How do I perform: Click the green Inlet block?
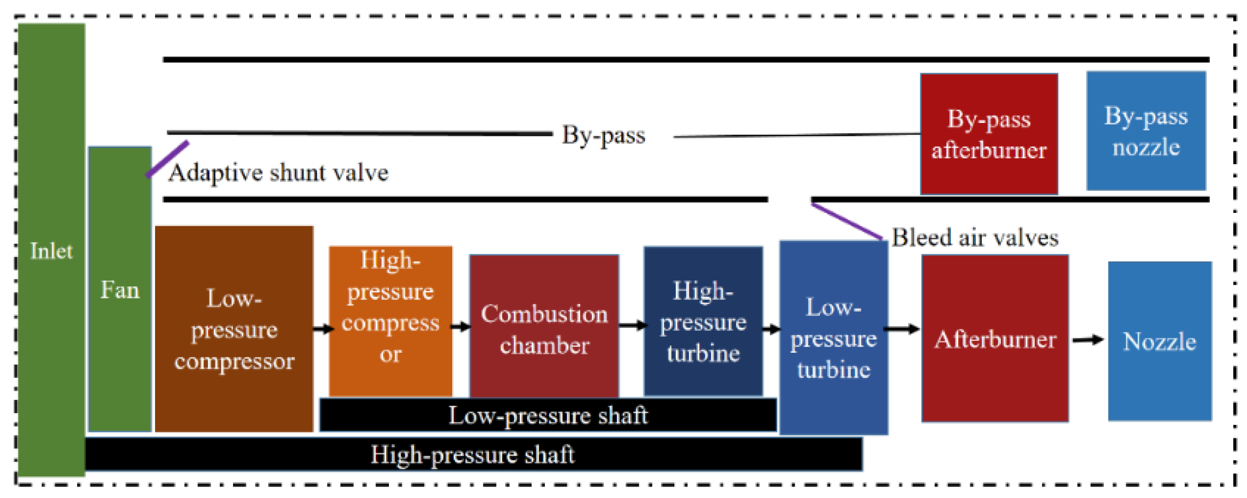click(x=52, y=251)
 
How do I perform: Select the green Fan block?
click(x=120, y=290)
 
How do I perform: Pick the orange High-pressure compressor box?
click(x=390, y=321)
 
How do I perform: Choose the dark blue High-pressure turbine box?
click(x=703, y=321)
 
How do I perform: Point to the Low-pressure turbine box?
click(x=833, y=338)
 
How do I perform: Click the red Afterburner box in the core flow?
click(x=995, y=339)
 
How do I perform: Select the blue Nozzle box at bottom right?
click(x=1160, y=341)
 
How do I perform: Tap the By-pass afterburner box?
click(x=989, y=134)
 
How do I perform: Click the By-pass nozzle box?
click(x=1145, y=131)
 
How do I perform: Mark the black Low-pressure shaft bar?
click(x=548, y=415)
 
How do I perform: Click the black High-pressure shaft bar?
click(x=473, y=454)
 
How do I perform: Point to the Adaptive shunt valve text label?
click(x=278, y=173)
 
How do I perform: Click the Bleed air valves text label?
click(x=974, y=238)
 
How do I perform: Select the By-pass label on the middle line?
click(x=603, y=135)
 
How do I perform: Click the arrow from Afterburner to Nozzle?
click(x=1088, y=340)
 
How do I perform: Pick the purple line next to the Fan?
click(x=167, y=159)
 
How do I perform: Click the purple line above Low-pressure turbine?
click(x=846, y=221)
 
